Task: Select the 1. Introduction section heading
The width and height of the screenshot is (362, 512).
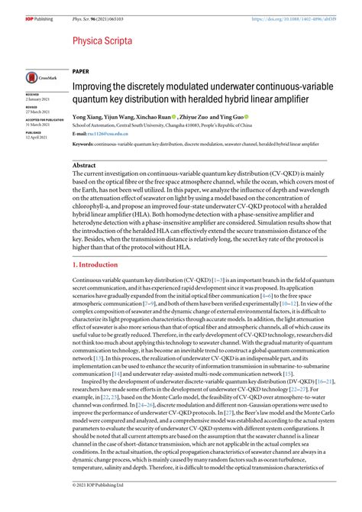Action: (x=98, y=264)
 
